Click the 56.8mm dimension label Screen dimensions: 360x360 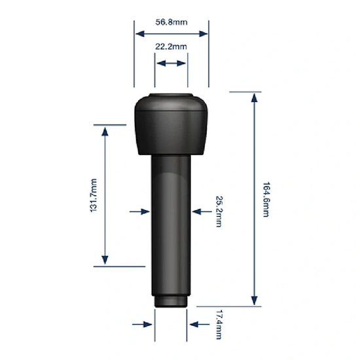pyautogui.click(x=171, y=22)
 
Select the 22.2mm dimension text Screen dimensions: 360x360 pyautogui.click(x=171, y=46)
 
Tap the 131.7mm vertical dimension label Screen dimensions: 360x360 pyautogui.click(x=94, y=196)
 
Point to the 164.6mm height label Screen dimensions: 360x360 pyautogui.click(x=266, y=199)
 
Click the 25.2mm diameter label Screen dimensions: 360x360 pyautogui.click(x=219, y=211)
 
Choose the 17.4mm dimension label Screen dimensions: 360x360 pyautogui.click(x=219, y=325)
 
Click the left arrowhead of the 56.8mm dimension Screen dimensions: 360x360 pyautogui.click(x=140, y=34)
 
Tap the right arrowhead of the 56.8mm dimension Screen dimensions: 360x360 pyautogui.click(x=203, y=34)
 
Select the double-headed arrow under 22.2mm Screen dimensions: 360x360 pyautogui.click(x=171, y=63)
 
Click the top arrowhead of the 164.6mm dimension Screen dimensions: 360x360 pyautogui.click(x=254, y=98)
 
